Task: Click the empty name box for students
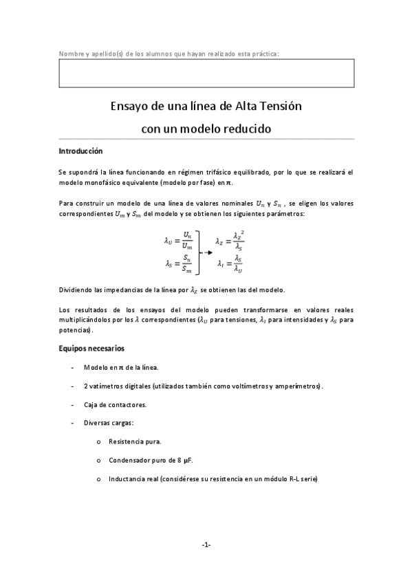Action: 206,73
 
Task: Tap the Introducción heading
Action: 80,151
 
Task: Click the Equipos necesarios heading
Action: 91,349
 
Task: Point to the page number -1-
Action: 206,544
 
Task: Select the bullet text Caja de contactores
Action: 112,404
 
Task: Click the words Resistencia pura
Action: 131,441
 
